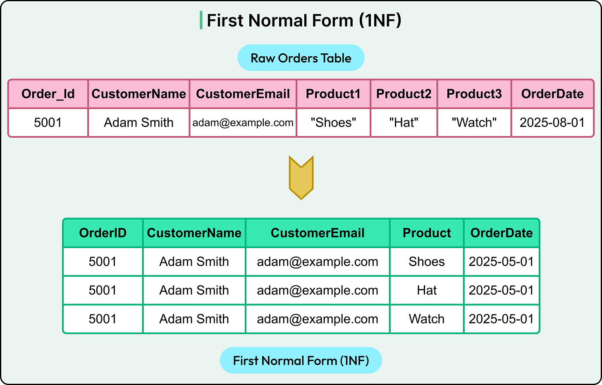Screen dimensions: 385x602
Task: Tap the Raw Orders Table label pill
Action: point(301,58)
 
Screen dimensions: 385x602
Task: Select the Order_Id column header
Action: point(48,94)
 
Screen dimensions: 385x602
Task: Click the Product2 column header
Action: point(404,94)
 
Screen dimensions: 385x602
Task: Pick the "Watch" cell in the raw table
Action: point(474,122)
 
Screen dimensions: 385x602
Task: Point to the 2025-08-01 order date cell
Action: point(552,122)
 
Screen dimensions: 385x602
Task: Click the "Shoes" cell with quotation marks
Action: point(333,122)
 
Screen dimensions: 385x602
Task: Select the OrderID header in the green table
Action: point(103,233)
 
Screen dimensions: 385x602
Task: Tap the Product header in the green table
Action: point(427,233)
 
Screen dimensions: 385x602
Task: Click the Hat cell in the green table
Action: point(427,290)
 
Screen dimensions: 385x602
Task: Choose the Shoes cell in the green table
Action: point(427,262)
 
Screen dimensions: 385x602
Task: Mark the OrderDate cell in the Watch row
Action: point(501,319)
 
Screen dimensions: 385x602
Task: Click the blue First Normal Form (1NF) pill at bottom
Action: point(301,361)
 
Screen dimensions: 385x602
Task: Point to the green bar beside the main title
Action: point(201,21)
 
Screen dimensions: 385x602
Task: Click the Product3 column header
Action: point(474,94)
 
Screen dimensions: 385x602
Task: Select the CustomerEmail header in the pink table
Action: point(243,94)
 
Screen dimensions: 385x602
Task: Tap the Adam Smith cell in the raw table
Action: point(139,122)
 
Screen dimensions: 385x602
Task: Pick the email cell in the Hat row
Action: point(318,290)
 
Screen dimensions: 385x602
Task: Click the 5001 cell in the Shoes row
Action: point(103,262)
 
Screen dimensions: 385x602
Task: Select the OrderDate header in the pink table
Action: point(552,94)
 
